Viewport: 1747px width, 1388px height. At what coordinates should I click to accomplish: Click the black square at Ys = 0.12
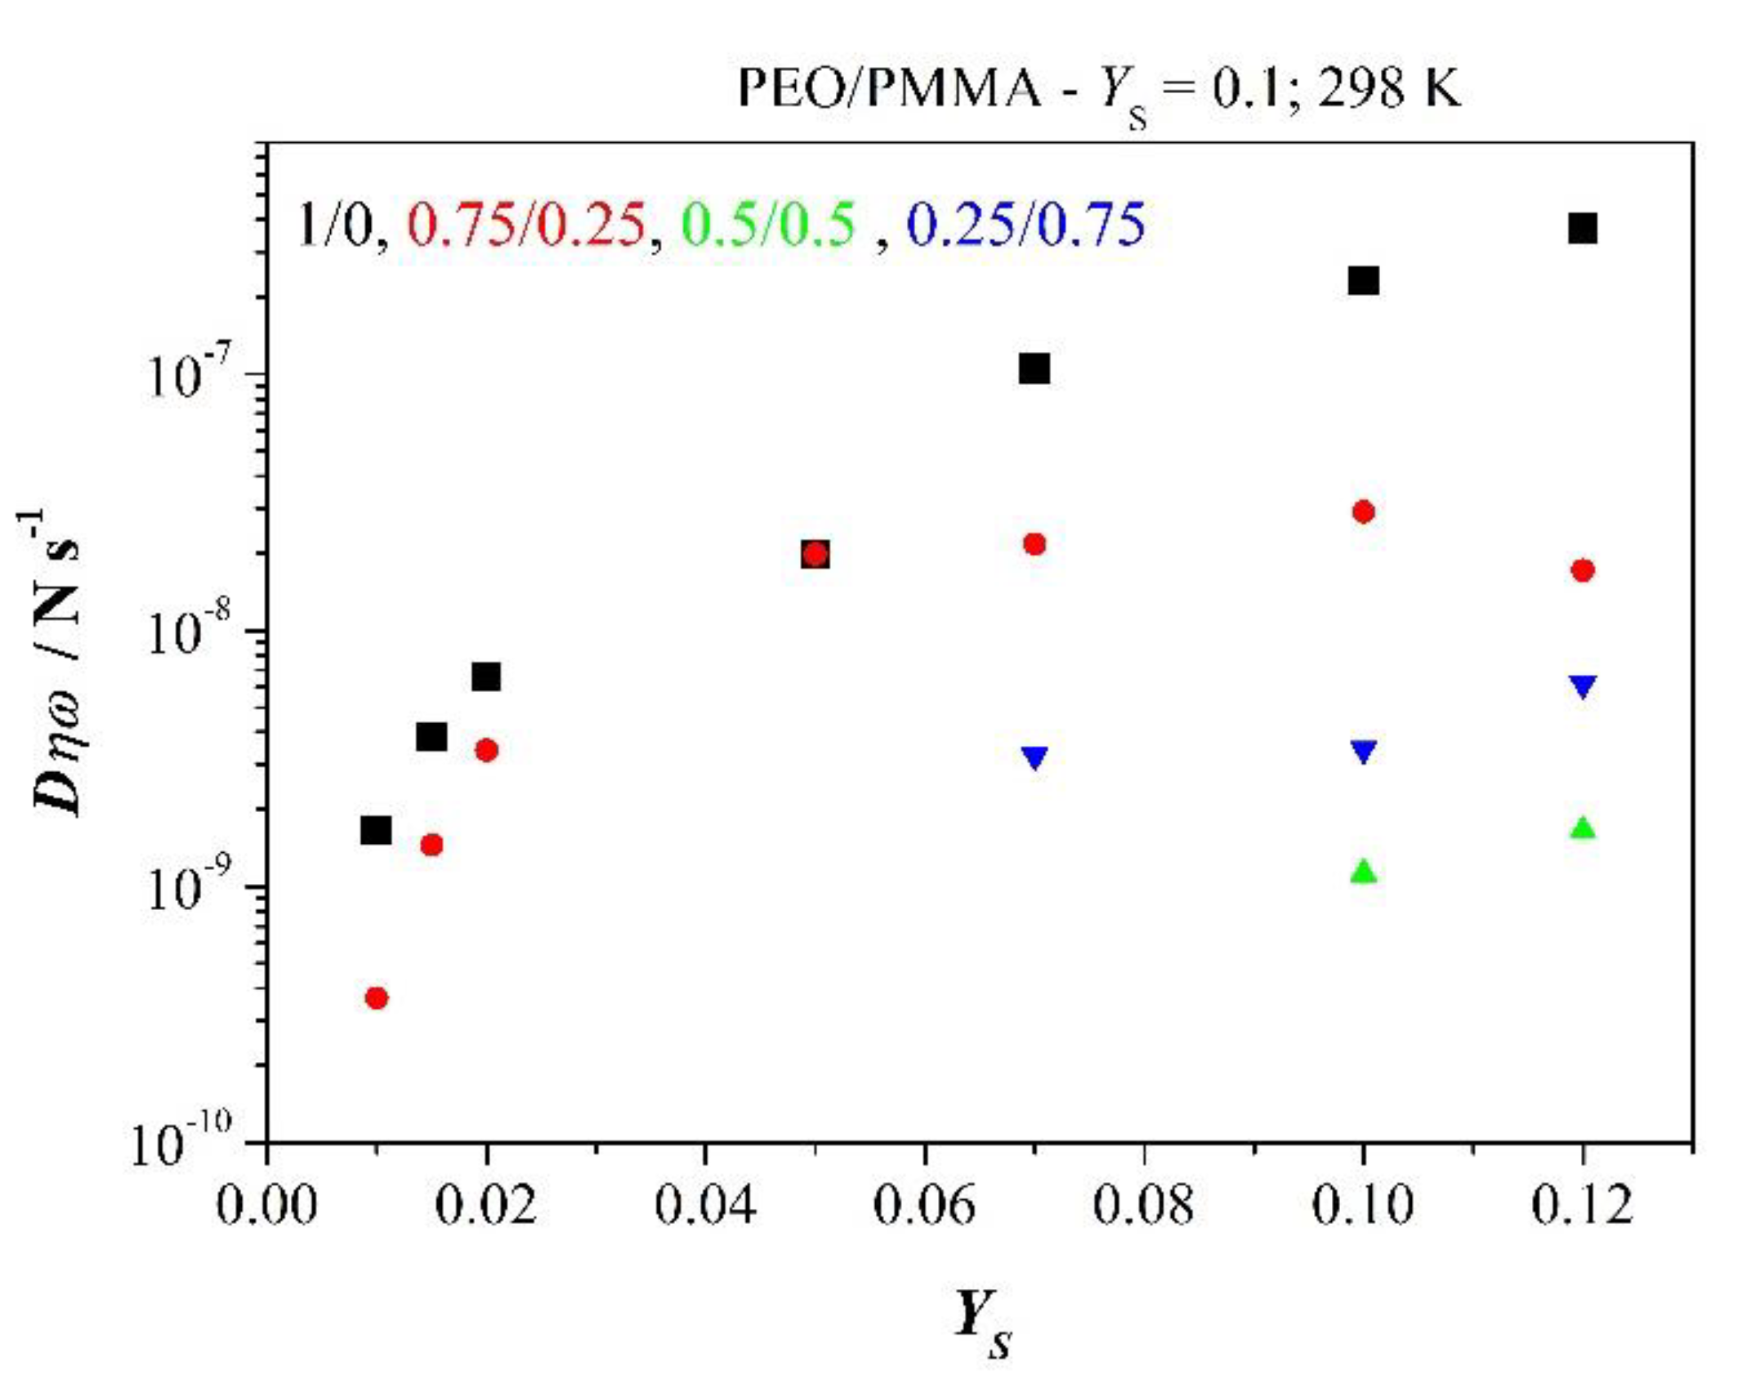[x=1582, y=229]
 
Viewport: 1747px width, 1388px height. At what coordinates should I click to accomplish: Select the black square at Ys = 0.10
[x=1363, y=280]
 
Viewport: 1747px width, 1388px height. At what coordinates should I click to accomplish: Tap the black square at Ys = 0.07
[x=1034, y=368]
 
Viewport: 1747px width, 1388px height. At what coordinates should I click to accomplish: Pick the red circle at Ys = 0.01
[x=376, y=997]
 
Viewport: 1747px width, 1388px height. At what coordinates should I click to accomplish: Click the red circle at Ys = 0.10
[x=1363, y=512]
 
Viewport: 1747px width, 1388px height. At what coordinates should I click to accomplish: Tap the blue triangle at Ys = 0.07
[x=1034, y=757]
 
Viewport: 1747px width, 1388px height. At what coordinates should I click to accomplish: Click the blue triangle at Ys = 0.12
[x=1582, y=686]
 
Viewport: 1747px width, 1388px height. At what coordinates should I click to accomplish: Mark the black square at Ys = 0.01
[x=376, y=831]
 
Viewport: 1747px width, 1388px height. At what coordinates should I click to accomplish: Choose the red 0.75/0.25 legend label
[x=525, y=225]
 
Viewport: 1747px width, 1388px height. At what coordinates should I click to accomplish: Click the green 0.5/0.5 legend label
[x=768, y=225]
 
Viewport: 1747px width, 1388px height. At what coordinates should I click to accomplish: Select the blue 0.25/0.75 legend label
[x=1026, y=225]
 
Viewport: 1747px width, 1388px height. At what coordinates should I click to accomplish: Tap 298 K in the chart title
[x=1389, y=87]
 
